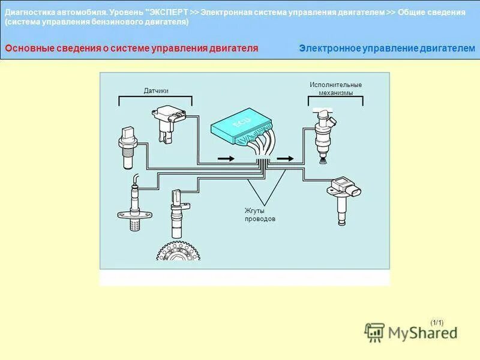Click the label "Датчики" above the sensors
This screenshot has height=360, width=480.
coord(156,91)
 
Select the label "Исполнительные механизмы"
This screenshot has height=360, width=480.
coord(335,89)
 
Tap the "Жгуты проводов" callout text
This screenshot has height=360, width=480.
coord(260,215)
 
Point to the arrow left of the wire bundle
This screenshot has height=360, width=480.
coord(225,158)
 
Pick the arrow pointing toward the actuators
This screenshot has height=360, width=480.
coord(286,158)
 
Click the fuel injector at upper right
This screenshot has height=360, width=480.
coord(323,131)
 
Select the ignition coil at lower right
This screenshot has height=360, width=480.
coord(344,194)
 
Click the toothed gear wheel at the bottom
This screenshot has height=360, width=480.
coord(178,251)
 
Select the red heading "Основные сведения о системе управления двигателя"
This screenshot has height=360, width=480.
coord(131,48)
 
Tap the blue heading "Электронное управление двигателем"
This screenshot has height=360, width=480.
coord(387,48)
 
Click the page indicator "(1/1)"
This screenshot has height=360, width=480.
coord(437,323)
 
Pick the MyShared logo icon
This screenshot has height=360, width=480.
coord(374,332)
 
